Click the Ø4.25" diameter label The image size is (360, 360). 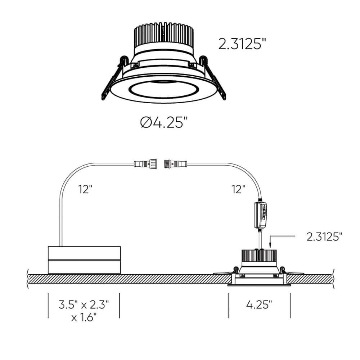[164, 123]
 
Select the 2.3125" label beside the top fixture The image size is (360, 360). [242, 44]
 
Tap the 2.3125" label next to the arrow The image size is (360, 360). [324, 237]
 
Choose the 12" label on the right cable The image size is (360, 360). [239, 188]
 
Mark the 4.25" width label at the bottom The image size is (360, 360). [259, 305]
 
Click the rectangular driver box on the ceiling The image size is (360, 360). [84, 260]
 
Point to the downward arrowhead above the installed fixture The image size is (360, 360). [270, 245]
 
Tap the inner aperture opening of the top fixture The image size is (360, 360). [164, 90]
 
